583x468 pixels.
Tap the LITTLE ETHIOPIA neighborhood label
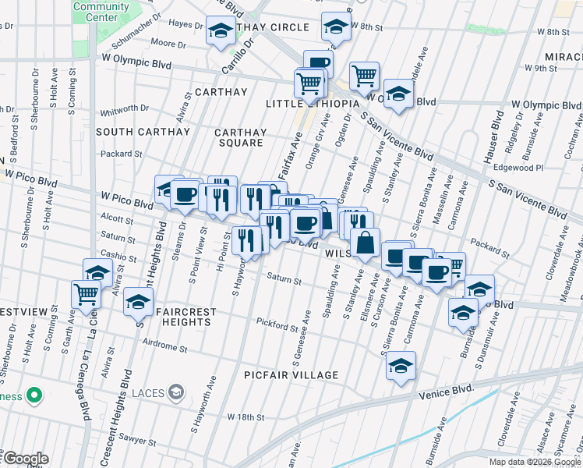[x=312, y=104]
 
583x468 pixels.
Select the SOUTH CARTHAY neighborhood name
[x=143, y=132]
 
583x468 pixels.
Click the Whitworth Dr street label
[x=125, y=109]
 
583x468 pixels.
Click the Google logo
[x=25, y=459]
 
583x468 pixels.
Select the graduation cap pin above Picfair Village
[x=401, y=366]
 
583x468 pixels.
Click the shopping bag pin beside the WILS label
[x=365, y=243]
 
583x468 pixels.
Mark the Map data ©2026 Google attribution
[x=535, y=461]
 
